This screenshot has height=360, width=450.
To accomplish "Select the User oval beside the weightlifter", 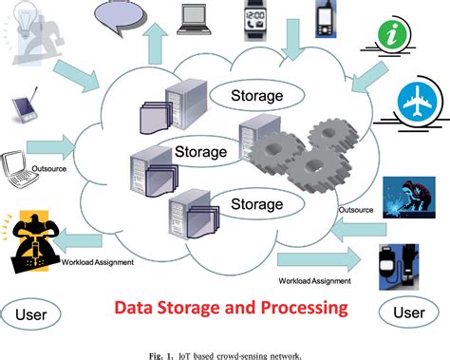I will click(x=35, y=313).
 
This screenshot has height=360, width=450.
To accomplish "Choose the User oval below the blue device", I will click(x=409, y=312).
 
